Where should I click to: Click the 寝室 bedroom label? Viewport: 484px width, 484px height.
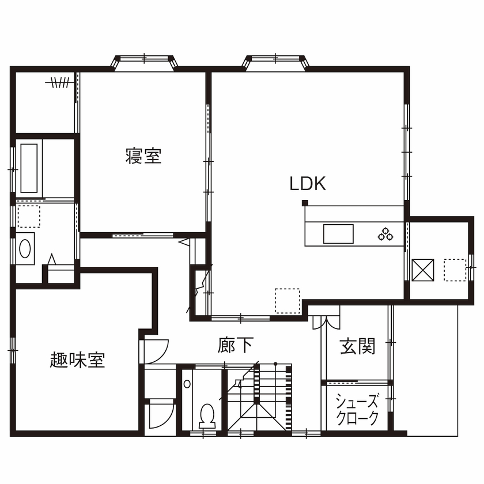[143, 156]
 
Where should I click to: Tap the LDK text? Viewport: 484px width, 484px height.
[308, 184]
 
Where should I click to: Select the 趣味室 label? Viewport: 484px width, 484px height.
[77, 361]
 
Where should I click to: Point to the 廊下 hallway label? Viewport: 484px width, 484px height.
[236, 345]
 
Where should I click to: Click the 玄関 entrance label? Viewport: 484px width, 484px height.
[357, 346]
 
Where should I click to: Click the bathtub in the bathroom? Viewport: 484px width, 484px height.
[29, 168]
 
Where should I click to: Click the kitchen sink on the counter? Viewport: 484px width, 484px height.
[338, 234]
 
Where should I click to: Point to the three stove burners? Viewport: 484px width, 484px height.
[385, 234]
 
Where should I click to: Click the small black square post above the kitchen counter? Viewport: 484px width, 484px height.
[305, 202]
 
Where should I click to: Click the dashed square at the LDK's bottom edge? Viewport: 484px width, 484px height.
[287, 301]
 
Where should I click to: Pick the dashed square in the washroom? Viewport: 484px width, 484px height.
[28, 215]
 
